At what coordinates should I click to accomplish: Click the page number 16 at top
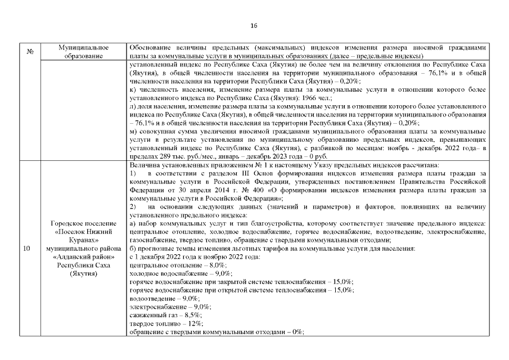(254, 25)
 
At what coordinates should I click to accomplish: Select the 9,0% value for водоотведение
(191, 298)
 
